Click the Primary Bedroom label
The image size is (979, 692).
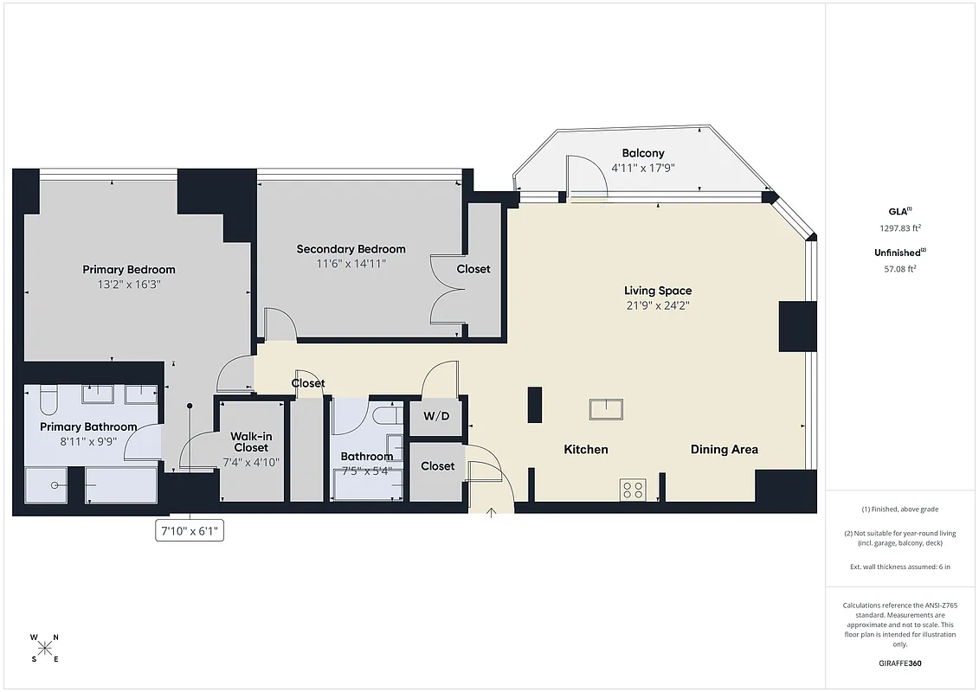(129, 269)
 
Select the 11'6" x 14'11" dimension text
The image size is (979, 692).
(351, 263)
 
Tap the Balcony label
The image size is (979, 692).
(643, 153)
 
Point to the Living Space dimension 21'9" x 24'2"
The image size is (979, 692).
(658, 304)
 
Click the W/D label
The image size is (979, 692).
(436, 416)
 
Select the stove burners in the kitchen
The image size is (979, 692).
(632, 490)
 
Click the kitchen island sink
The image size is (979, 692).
(607, 408)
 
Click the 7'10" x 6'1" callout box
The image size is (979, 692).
(190, 531)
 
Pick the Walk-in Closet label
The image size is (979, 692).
(250, 442)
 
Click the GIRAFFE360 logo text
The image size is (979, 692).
(900, 663)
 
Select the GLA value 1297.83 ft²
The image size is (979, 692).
(900, 228)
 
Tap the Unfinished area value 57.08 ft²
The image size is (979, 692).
(900, 268)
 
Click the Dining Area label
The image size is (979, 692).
(724, 449)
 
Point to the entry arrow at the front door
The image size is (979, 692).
(492, 512)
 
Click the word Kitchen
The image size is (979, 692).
(586, 449)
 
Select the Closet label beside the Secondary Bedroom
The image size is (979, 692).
(473, 269)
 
